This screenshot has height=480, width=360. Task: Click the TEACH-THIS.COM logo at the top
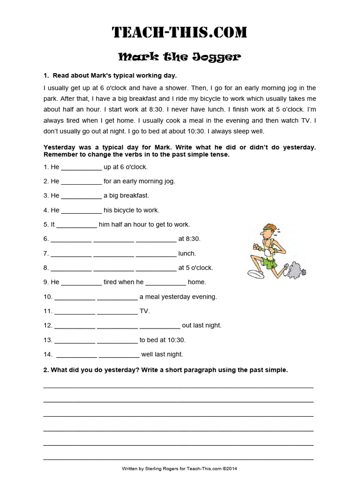coord(180,32)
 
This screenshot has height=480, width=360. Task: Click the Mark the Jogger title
coord(180,57)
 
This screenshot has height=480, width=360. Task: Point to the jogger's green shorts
coord(269,262)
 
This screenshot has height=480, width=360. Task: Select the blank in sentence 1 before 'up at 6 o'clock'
coord(81,167)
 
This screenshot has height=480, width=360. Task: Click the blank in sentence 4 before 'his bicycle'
coord(81,210)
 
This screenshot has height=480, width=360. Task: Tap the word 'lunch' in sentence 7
coord(187,254)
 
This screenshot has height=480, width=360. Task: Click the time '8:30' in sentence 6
coord(193,239)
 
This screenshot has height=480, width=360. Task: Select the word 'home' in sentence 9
coord(197,282)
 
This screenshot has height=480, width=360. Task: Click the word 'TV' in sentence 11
coord(144,311)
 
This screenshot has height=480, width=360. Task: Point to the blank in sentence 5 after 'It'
coord(77,225)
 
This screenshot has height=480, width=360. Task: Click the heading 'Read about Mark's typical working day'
coord(114,75)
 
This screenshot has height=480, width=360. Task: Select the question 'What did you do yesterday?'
coord(94,370)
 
